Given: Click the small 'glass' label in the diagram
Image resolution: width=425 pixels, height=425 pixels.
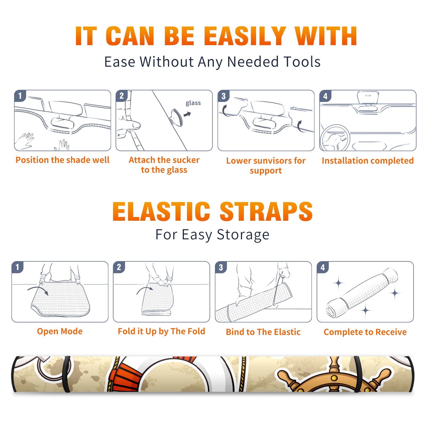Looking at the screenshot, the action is [193, 103].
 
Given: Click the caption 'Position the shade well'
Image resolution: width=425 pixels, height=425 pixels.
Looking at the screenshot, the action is [62, 160].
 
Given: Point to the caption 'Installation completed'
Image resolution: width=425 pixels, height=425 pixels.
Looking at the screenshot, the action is [368, 160].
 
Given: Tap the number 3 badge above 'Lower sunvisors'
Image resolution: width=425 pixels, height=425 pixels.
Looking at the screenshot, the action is [223, 96].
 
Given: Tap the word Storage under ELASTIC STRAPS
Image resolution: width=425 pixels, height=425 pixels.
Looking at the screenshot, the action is [243, 235].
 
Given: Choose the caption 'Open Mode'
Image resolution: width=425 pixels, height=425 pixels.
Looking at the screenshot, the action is [60, 331].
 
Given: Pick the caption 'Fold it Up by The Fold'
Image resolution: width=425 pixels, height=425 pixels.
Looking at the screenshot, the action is [161, 331].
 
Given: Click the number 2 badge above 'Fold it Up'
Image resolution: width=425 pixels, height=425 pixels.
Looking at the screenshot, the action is [119, 267].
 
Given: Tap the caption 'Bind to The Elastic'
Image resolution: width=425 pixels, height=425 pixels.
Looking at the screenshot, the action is [263, 332].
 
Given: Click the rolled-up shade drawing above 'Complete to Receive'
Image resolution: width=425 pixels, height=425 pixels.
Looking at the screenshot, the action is [362, 293].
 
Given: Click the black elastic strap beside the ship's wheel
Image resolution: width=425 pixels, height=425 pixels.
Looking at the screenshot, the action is [358, 374].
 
